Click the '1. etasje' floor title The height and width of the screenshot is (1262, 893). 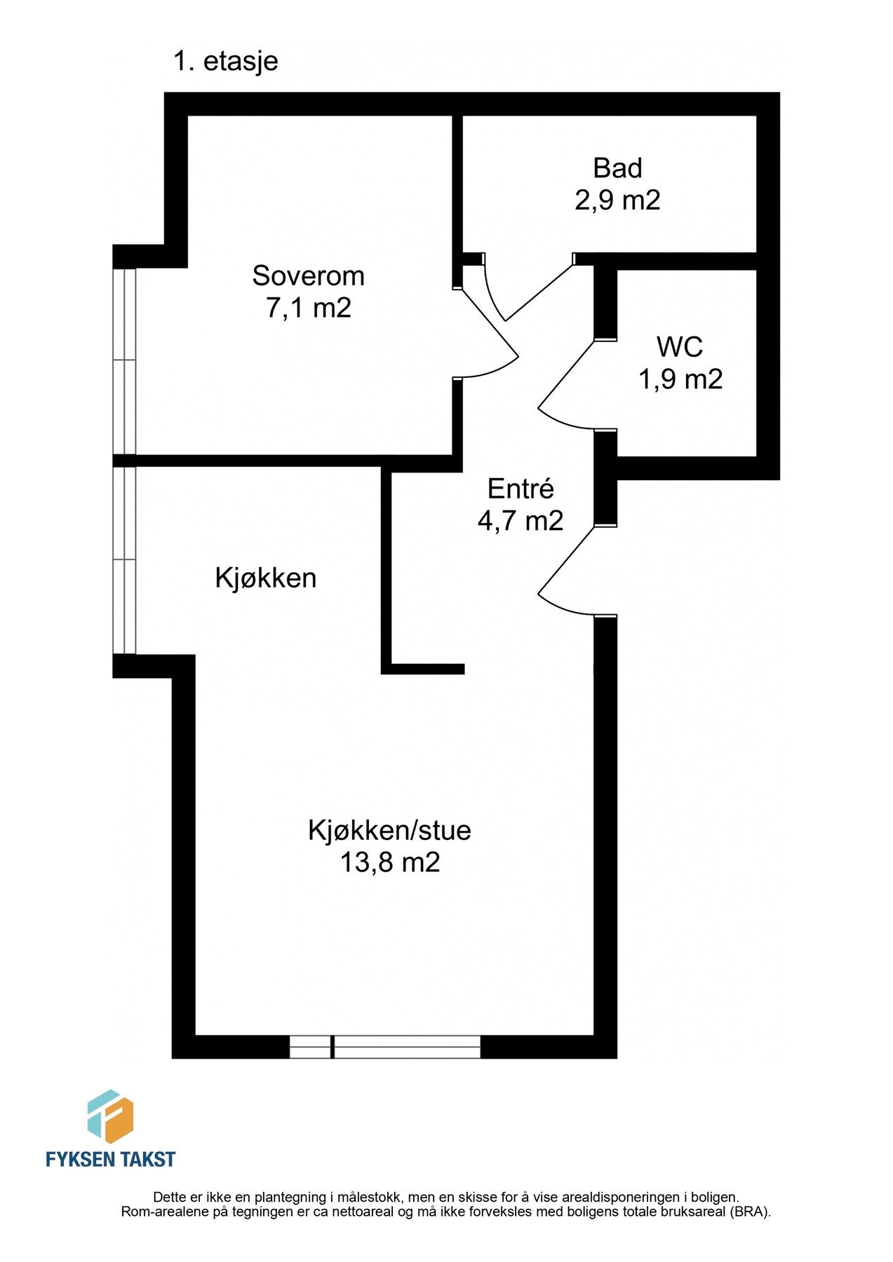(225, 61)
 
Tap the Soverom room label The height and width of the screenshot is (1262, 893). (308, 276)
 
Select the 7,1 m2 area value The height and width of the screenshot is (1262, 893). (308, 308)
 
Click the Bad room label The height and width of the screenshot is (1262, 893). (617, 168)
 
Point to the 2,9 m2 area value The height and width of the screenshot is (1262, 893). (617, 201)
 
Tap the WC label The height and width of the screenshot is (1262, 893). (679, 347)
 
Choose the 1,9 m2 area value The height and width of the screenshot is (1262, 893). (680, 379)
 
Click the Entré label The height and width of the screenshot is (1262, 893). (521, 489)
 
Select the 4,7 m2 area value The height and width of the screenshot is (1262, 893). (521, 521)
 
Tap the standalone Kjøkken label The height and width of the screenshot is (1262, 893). (265, 578)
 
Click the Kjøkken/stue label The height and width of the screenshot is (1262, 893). (389, 830)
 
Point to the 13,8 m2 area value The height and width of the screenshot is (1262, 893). (389, 862)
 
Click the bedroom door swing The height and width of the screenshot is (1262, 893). (491, 337)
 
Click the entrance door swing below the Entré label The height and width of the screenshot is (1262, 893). (565, 571)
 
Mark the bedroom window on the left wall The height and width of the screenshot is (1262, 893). (124, 361)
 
